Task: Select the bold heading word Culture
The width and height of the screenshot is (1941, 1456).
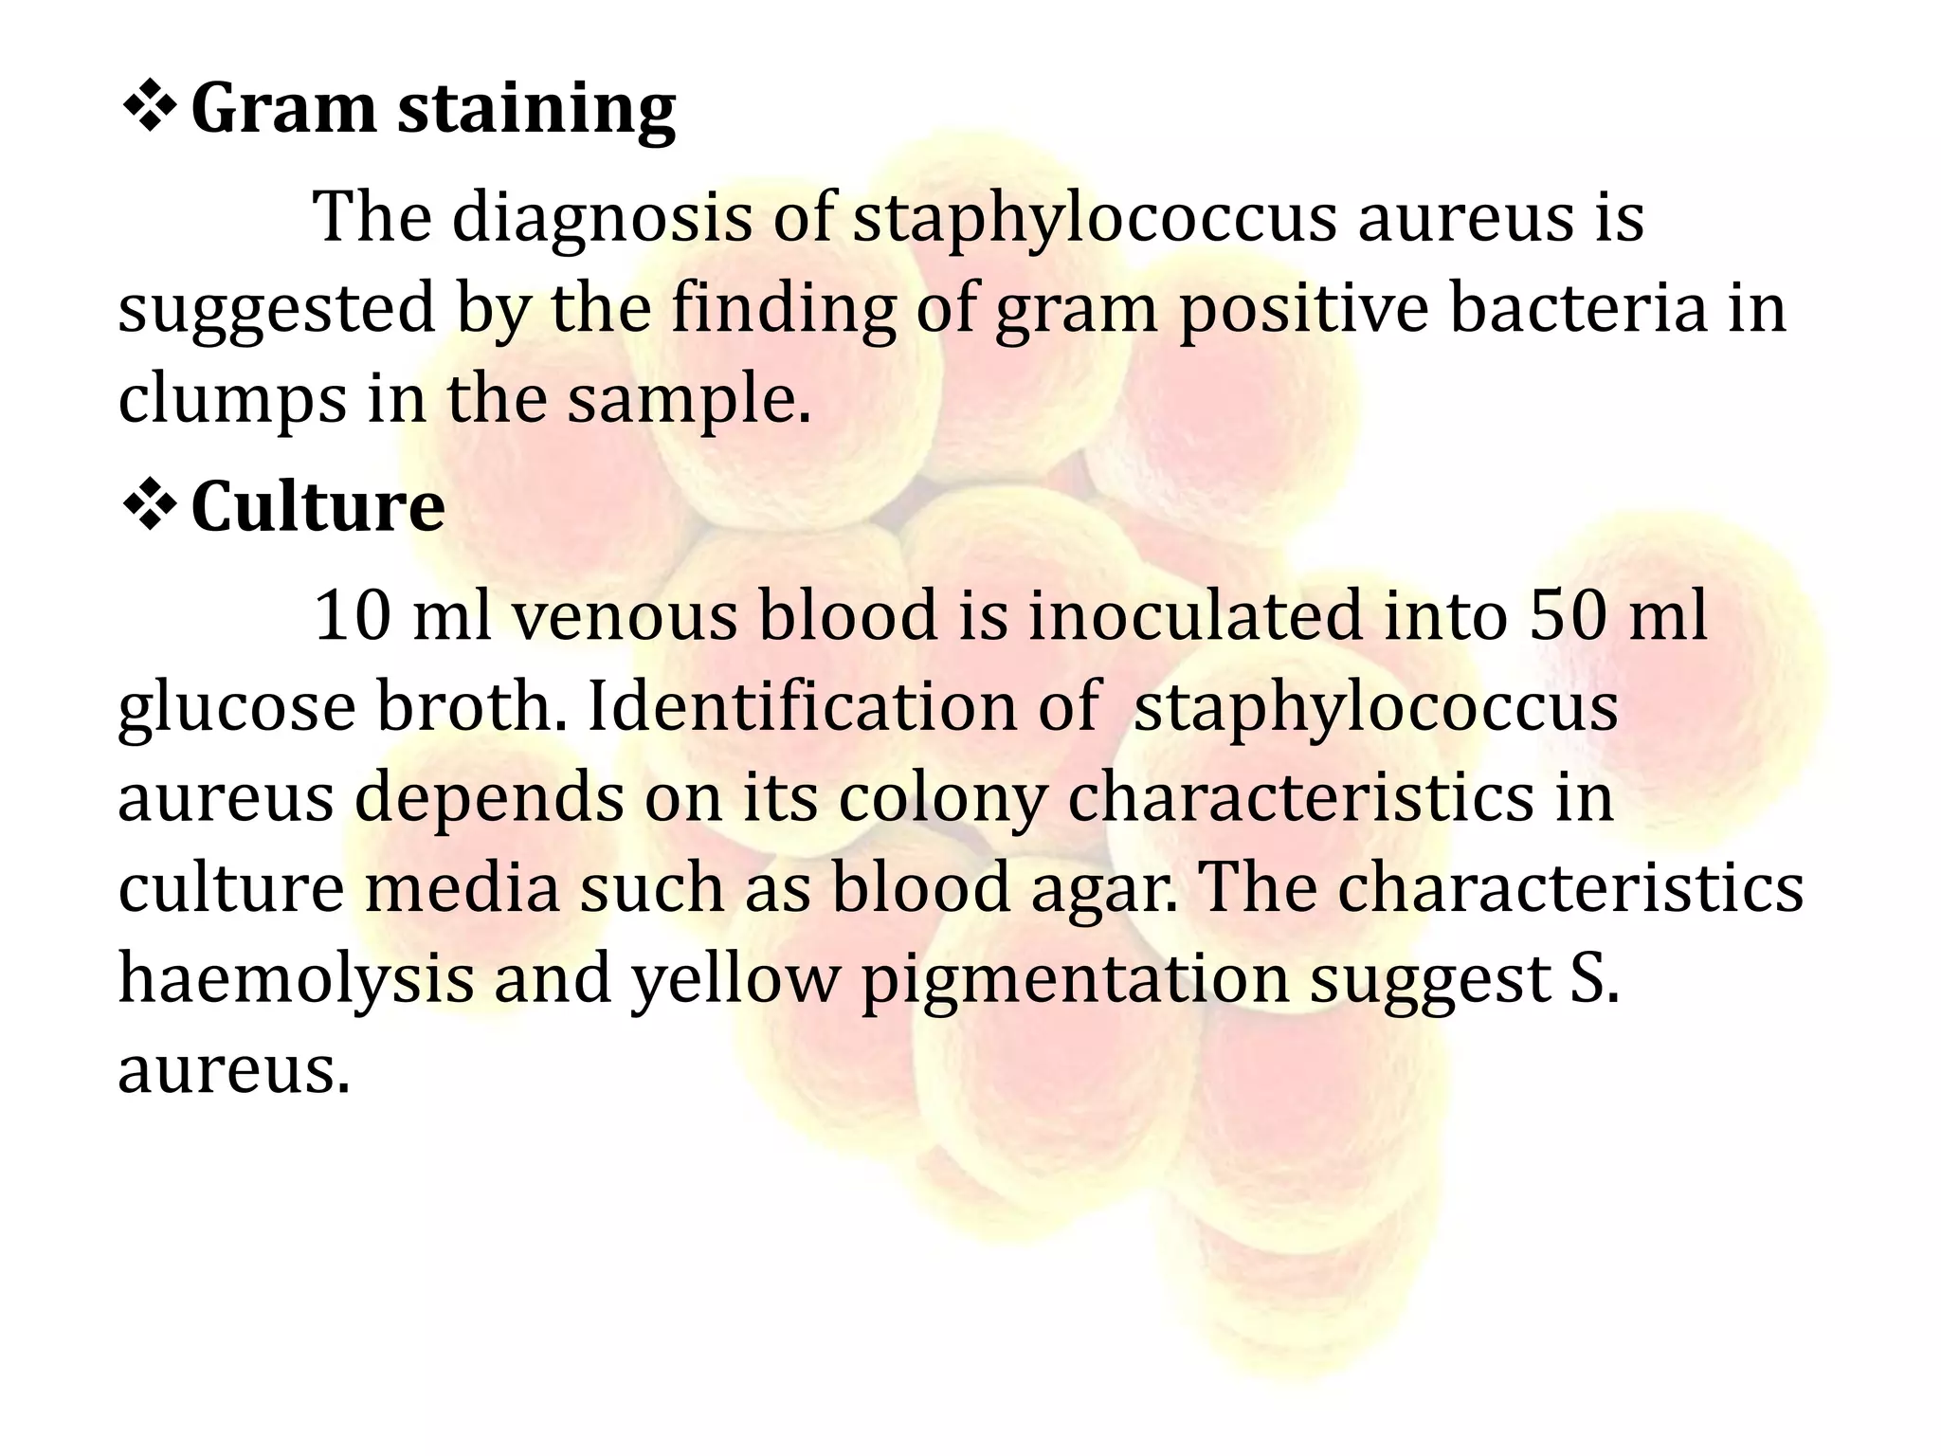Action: point(317,506)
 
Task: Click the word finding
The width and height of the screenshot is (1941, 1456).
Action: point(783,311)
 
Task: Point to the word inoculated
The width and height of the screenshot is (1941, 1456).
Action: point(1196,616)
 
